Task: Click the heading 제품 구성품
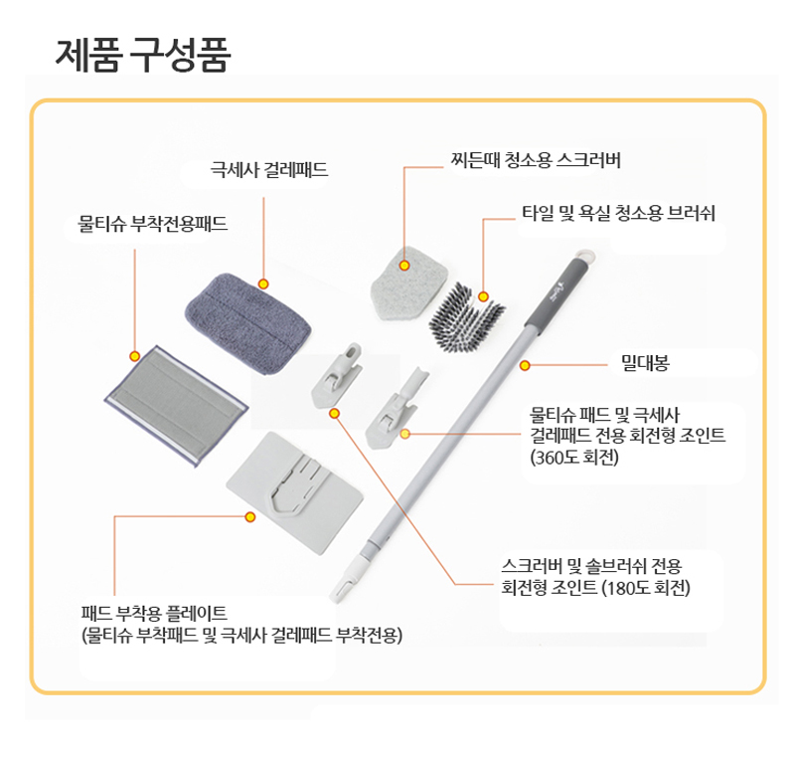click(143, 55)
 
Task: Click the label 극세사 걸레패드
click(268, 169)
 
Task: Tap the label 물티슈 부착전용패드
click(153, 224)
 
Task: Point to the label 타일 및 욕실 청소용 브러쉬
click(619, 213)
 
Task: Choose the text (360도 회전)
click(575, 458)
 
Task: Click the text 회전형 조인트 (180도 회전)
click(595, 587)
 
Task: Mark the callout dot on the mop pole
click(525, 365)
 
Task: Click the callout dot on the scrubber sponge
click(405, 266)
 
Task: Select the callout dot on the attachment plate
click(250, 516)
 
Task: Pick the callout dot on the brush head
click(483, 296)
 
